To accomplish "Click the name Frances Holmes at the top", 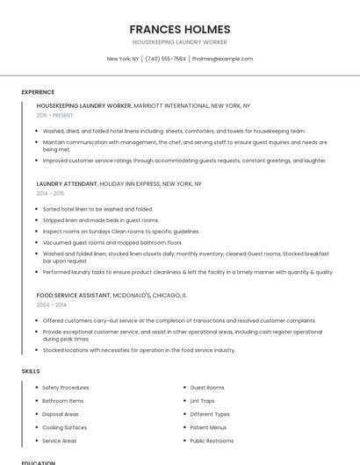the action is point(179,29).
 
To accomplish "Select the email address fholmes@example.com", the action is point(222,59).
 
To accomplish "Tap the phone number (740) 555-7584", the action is point(165,59).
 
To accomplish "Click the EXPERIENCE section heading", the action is point(38,92).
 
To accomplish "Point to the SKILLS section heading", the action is point(31,371).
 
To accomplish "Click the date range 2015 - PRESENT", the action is point(54,115).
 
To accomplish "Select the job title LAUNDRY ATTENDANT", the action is point(67,184).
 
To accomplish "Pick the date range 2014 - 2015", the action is point(50,193).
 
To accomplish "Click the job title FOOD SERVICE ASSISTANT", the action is point(74,296).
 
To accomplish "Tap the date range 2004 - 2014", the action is point(51,304).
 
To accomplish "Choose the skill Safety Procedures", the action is point(65,387).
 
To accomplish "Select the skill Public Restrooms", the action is point(212,440).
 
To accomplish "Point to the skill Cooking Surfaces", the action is point(64,427).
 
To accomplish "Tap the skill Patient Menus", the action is point(208,427).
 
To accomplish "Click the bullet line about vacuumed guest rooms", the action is point(112,242).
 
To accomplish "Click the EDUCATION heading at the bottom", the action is point(39,462).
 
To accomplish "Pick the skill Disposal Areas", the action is point(61,414).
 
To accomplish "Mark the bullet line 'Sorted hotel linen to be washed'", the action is point(97,209).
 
